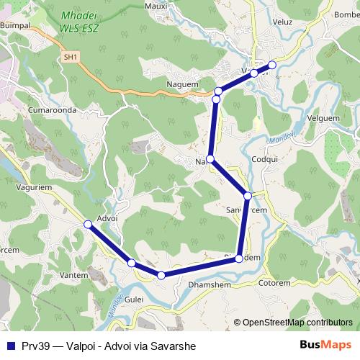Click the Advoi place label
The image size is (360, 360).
[x=106, y=218]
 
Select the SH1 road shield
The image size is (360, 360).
[x=70, y=56]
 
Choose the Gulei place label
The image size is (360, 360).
[x=134, y=299]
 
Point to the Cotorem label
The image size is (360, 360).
[x=274, y=283]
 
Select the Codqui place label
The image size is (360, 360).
[x=265, y=159]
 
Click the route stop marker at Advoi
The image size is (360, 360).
[x=89, y=225]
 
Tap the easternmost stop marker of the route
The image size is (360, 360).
[x=272, y=65]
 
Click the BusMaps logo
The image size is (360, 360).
[x=327, y=346]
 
